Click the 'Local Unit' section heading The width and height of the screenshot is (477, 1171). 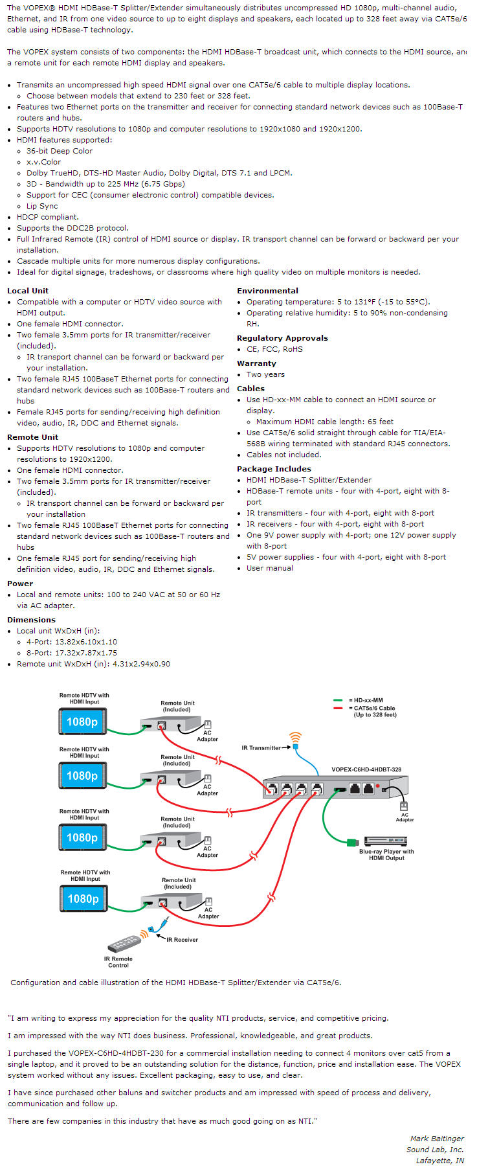pos(27,291)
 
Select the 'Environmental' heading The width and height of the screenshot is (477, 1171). pos(267,291)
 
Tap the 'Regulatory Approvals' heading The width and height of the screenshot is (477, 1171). pos(282,338)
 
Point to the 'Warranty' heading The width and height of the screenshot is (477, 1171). pos(256,363)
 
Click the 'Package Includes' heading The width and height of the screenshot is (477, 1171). pos(274,469)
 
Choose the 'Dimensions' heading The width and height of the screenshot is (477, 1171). pos(31,620)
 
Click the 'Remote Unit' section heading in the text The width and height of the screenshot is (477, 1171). pos(32,437)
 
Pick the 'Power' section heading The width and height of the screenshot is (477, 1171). pos(19,584)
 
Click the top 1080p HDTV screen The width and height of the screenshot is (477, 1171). pos(82,722)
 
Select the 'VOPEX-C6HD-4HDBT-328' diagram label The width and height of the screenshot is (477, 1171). pos(366,769)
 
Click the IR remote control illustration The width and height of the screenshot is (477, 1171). pos(124,942)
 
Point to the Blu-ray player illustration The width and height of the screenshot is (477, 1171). pos(386,841)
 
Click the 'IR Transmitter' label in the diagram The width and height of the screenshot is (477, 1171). pos(261,748)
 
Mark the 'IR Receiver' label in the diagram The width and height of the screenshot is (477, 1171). pos(182,939)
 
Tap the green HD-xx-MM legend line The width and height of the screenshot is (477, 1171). pos(338,700)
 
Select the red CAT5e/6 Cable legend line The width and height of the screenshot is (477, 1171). pos(338,708)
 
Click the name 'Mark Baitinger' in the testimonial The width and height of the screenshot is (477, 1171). pos(437,1138)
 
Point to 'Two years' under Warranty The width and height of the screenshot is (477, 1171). pos(265,374)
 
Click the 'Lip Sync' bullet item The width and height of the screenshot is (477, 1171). pos(42,206)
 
